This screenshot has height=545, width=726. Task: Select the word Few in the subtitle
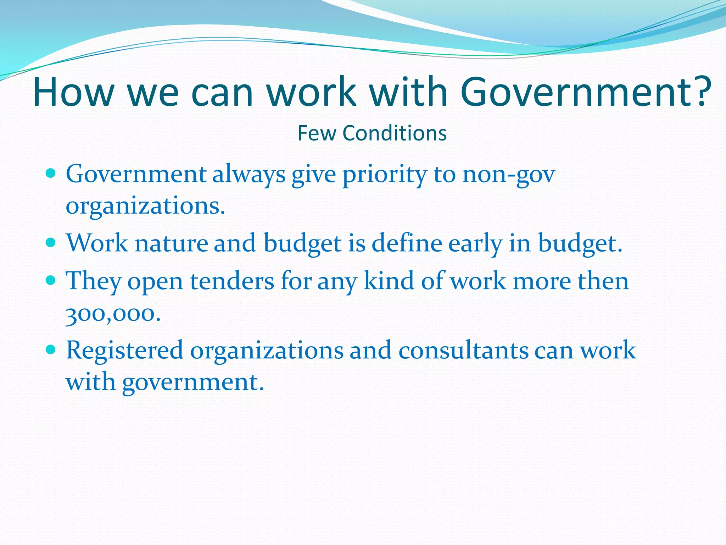tap(316, 133)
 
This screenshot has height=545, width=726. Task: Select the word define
tap(407, 243)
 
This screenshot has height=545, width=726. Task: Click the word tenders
tap(232, 281)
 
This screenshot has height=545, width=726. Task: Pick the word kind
tap(389, 281)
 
